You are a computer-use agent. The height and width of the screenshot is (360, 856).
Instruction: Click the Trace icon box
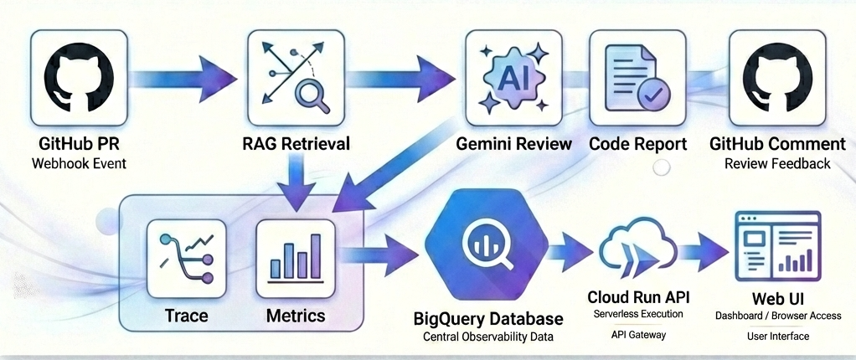186,259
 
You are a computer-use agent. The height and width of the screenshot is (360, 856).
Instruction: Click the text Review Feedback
777,163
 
